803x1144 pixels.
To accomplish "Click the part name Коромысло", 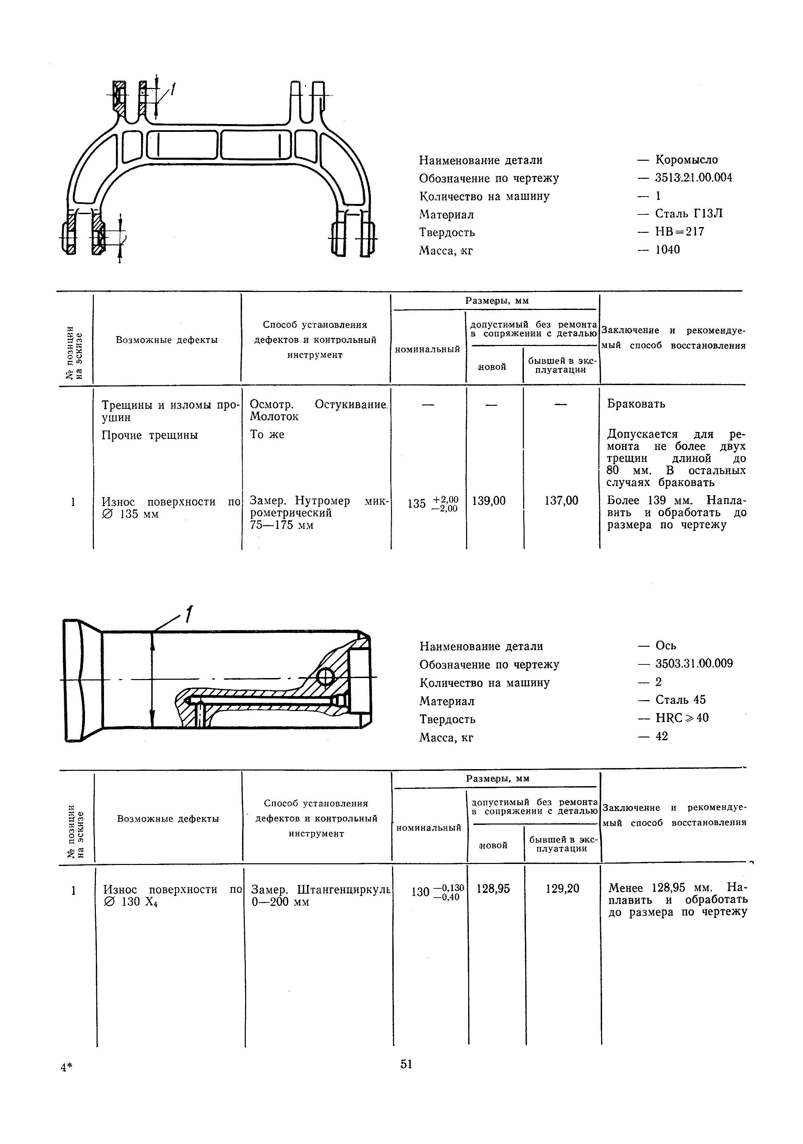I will point(686,160).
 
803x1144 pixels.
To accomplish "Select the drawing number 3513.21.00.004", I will point(693,178).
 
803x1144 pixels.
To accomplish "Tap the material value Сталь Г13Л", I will point(688,214).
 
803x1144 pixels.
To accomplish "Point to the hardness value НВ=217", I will point(679,232).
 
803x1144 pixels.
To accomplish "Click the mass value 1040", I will point(667,249).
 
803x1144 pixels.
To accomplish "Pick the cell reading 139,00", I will point(489,501).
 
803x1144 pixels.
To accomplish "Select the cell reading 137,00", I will point(561,501).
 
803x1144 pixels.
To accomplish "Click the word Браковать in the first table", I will point(635,403).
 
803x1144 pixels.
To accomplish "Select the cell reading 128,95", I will point(493,889).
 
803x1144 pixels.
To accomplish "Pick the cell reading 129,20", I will point(562,889).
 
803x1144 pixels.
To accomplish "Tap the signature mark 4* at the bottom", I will point(66,1067).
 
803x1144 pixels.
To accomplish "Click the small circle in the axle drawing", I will point(326,677).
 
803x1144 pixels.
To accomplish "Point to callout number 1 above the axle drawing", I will point(188,614).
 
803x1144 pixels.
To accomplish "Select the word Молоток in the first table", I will point(274,417).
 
